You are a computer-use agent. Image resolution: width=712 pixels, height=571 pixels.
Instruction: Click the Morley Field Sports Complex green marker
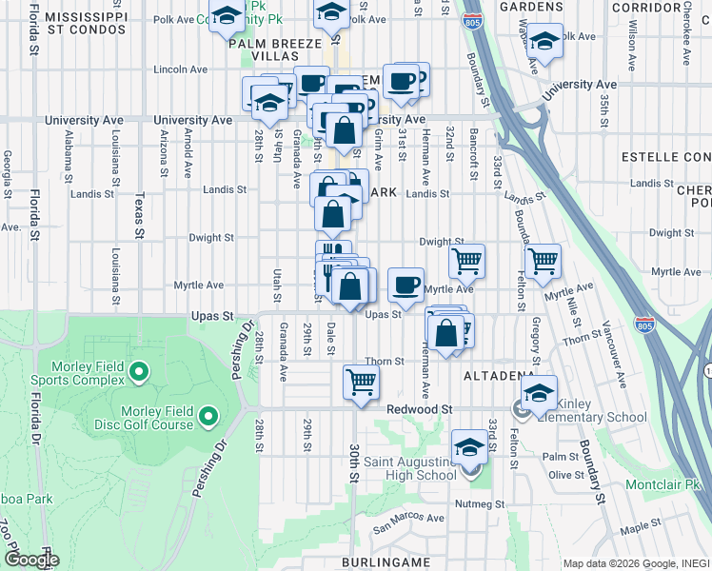pos(138,370)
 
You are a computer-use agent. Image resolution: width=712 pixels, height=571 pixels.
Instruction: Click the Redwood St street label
pos(419,408)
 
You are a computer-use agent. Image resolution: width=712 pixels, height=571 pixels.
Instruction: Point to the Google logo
pos(31,560)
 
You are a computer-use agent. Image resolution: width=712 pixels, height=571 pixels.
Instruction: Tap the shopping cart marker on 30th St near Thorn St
pos(361,383)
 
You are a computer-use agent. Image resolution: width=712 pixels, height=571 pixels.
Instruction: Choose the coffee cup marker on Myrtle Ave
pos(406,284)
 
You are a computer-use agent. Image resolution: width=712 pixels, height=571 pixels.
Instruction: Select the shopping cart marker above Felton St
pos(543,261)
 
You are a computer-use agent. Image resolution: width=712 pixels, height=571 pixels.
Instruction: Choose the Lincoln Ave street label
pos(180,69)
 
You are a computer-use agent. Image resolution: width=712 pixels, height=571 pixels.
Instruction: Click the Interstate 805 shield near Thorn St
pos(645,325)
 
